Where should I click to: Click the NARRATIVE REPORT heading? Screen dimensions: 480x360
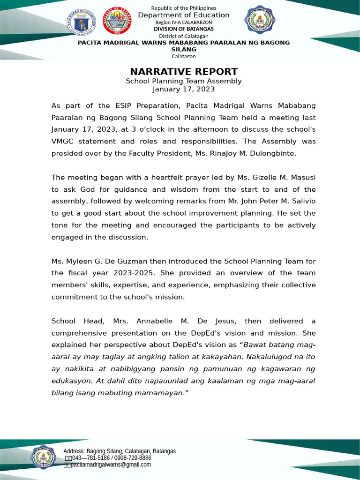click(184, 72)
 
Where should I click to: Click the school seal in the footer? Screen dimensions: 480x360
click(44, 457)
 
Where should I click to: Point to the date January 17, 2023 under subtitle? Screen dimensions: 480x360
click(184, 89)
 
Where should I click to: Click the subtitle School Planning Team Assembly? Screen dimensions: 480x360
click(184, 81)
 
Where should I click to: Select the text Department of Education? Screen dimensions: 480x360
click(184, 15)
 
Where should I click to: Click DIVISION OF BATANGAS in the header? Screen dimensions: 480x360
click(184, 29)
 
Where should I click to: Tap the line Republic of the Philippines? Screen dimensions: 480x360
click(184, 8)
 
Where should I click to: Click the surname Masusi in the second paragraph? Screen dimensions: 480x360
click(303, 177)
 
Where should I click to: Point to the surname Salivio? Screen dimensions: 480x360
click(301, 201)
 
